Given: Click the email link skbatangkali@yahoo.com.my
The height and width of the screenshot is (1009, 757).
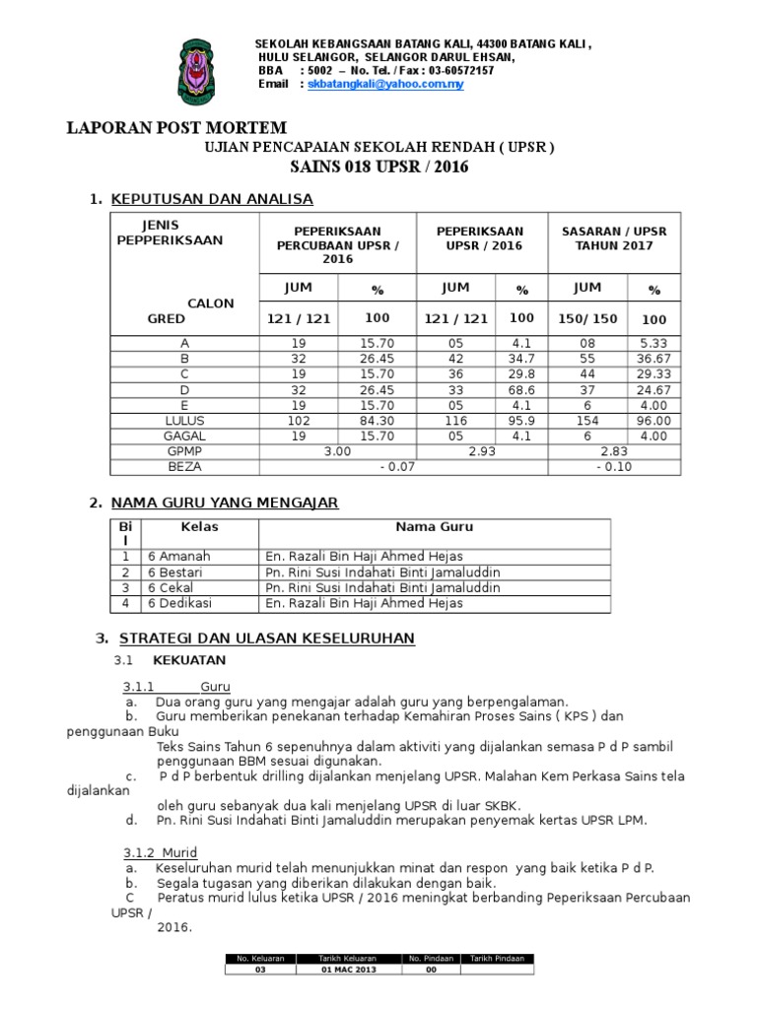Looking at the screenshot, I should [385, 85].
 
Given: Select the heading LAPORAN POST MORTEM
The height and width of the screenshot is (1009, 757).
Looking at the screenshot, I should [176, 128].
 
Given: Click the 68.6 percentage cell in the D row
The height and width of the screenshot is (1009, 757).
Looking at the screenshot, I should [521, 389].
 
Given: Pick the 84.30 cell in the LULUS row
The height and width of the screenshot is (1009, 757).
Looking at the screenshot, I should [377, 420].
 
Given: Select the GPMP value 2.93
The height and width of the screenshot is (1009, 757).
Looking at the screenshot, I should [482, 450].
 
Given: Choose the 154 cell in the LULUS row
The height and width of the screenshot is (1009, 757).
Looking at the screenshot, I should [586, 420].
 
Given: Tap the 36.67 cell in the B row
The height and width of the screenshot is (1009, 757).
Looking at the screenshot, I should [653, 359].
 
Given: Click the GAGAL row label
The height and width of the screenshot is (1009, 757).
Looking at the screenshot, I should [183, 435].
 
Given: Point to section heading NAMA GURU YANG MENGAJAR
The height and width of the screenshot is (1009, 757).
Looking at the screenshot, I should [225, 503].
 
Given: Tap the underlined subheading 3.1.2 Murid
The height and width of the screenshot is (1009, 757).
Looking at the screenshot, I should [160, 852].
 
